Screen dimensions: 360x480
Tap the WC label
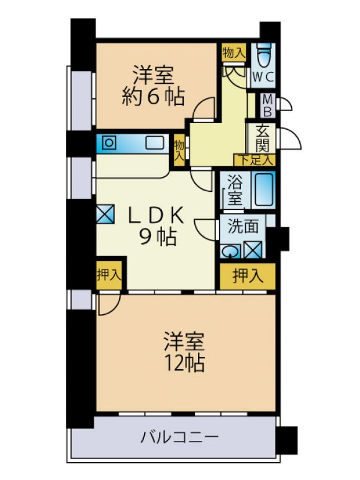[263, 77]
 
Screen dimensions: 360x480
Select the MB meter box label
[268, 106]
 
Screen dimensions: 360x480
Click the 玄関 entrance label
[262, 138]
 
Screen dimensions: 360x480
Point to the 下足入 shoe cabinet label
[255, 160]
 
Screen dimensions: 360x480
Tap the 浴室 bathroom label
[235, 192]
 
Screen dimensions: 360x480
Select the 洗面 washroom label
[243, 227]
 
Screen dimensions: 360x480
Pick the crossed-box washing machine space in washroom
[253, 250]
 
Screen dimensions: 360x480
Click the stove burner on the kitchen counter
[109, 142]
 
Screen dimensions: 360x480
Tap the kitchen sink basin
[155, 143]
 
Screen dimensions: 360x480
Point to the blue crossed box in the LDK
[106, 214]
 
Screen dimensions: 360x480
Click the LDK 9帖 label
[156, 226]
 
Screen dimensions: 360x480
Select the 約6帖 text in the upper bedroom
[153, 97]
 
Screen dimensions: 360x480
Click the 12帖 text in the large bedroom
[184, 363]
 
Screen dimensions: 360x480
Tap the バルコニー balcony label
[179, 437]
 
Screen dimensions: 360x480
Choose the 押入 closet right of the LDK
[248, 276]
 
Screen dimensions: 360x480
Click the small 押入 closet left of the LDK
[109, 274]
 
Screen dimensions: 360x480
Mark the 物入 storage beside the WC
[233, 53]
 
